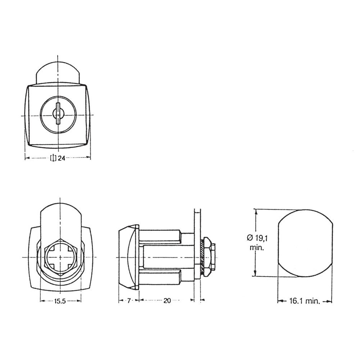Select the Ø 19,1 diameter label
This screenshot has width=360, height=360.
[257, 237]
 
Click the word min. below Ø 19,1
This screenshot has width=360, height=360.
[257, 248]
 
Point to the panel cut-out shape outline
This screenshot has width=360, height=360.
[305, 243]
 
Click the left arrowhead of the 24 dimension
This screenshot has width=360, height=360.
[26, 158]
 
